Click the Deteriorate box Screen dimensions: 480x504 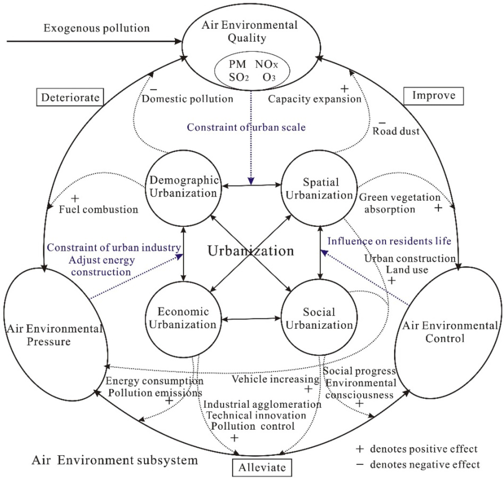pos(70,97)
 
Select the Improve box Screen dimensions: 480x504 pos(433,96)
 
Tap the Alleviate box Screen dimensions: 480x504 pos(262,467)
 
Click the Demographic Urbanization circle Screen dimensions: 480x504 pos(183,188)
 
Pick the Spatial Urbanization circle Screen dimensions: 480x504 pos(319,189)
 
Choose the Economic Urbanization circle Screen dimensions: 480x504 pos(183,319)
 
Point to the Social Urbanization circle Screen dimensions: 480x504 pos(319,319)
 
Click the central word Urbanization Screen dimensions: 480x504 pos(251,251)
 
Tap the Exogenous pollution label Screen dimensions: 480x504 pos(97,28)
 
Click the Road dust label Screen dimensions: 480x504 pos(396,131)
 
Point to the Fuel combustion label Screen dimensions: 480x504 pos(99,210)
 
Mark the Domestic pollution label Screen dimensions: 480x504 pos(187,99)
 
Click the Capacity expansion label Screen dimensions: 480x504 pos(315,99)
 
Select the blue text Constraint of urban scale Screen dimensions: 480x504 pos(246,127)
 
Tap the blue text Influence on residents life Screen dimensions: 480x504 pos(389,241)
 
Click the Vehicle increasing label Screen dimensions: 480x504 pos(275,379)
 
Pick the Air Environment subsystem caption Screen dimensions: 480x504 pos(115,460)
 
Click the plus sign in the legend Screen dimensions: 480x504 pos(360,449)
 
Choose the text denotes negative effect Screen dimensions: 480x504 pos(425,464)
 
